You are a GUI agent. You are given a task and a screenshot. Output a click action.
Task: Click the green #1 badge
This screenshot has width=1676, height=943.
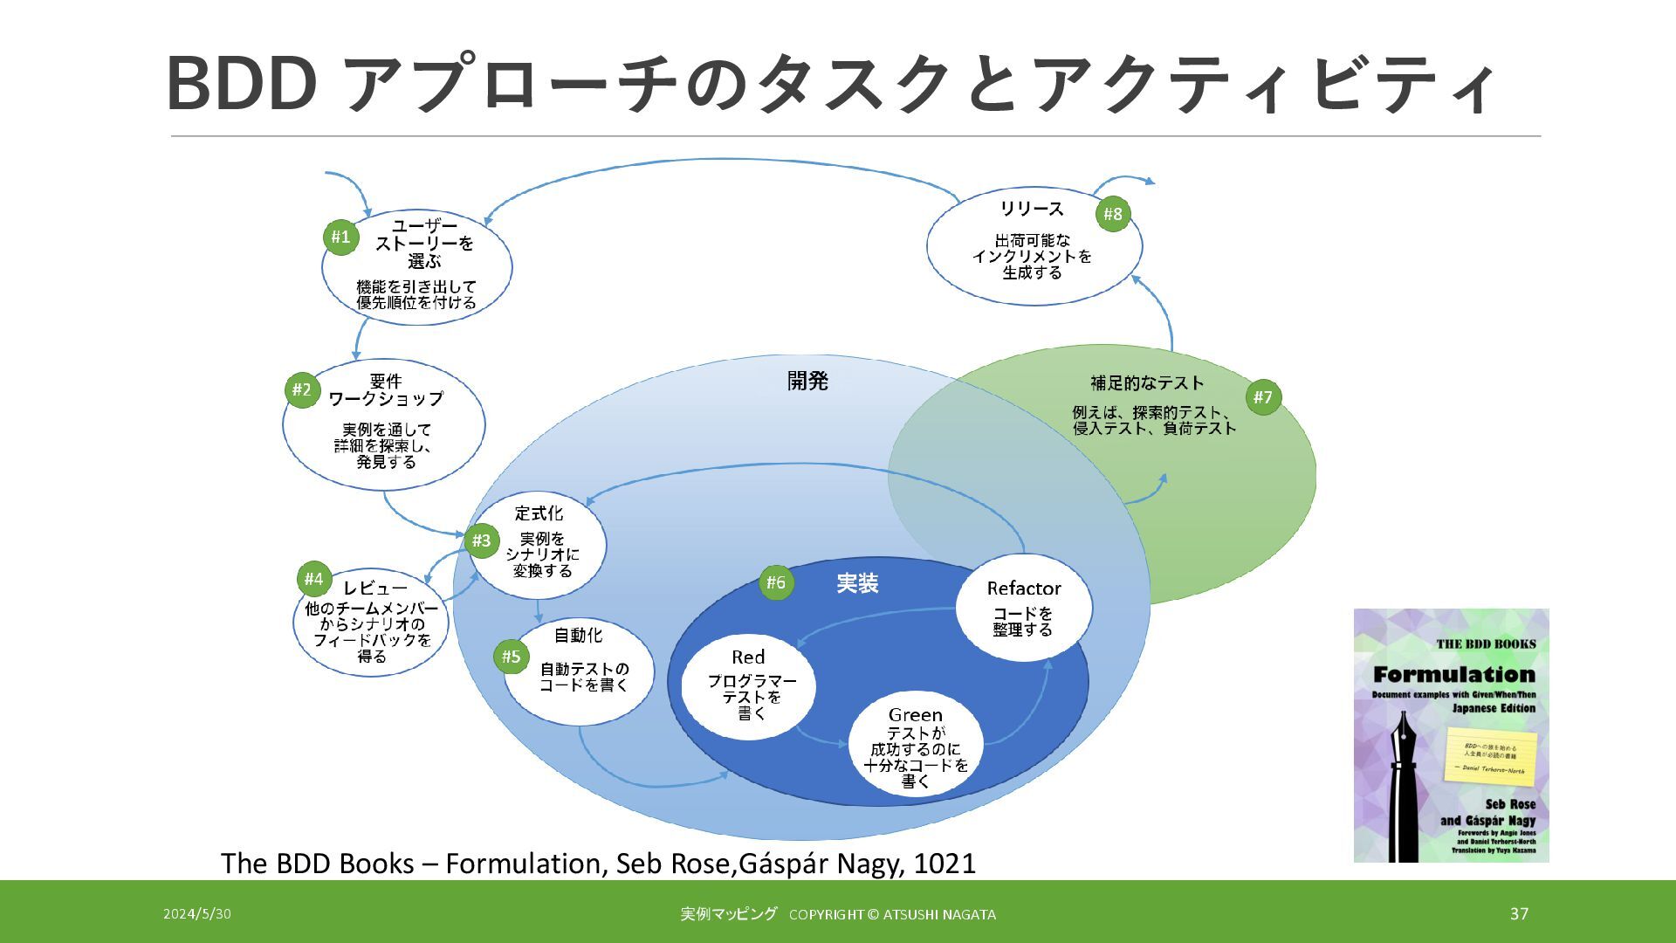(x=340, y=237)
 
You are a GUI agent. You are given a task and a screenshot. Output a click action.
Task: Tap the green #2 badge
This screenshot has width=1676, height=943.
(x=301, y=389)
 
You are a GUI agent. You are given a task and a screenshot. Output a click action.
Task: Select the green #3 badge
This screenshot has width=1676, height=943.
(x=481, y=540)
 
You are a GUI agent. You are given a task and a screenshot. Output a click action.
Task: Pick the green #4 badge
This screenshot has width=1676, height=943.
(x=313, y=579)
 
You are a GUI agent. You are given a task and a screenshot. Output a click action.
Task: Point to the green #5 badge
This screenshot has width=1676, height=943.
(x=511, y=657)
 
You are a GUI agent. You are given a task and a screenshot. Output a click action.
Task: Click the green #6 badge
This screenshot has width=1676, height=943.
(x=776, y=582)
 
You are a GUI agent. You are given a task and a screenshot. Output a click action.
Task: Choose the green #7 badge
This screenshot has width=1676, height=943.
(x=1263, y=397)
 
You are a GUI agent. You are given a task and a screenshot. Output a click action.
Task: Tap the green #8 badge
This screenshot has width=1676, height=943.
(x=1112, y=214)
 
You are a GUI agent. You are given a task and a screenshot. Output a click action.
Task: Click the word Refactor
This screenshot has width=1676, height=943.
(x=1023, y=589)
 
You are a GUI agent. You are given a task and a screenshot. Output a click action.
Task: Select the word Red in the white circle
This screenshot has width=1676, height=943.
(x=748, y=657)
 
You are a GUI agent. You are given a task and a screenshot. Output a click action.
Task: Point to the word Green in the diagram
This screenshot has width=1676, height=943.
(x=915, y=715)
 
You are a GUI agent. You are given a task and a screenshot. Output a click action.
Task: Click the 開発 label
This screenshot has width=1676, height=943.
(x=807, y=381)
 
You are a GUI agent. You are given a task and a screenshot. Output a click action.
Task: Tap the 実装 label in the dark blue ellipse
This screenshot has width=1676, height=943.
(x=857, y=583)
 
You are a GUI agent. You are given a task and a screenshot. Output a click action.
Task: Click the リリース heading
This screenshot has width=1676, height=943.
(x=1032, y=209)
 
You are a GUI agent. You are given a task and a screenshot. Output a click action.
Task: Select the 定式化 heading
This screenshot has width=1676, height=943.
(x=539, y=513)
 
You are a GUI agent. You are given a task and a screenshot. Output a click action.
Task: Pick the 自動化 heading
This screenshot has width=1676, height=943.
(x=578, y=635)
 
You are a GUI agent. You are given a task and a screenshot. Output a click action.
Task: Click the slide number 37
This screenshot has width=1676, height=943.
(x=1519, y=913)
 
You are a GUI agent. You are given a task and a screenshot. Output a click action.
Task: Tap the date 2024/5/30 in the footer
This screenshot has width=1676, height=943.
(x=197, y=914)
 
